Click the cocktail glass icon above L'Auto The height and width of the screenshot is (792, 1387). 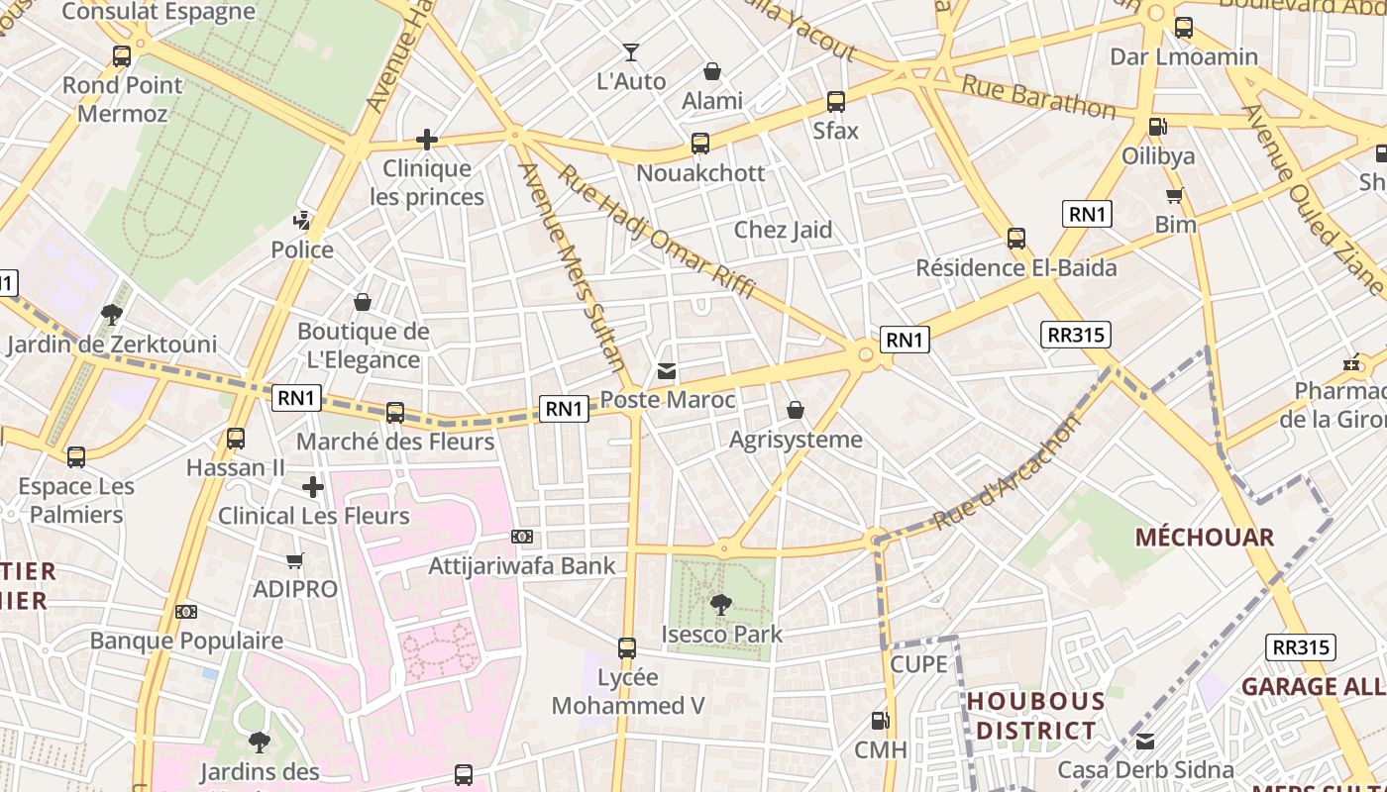coord(630,52)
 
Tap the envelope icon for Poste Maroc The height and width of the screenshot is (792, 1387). coord(667,371)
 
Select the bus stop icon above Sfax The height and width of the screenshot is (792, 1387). coord(835,102)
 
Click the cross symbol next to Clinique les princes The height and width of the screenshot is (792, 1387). coord(427,140)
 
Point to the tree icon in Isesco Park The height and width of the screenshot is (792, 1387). coord(721,604)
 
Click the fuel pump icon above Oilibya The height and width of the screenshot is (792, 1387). coord(1157,127)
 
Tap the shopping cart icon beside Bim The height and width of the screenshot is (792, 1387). coord(1175,195)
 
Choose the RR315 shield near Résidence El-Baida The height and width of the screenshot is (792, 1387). coord(1076,335)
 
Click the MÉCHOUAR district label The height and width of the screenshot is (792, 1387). coord(1204,538)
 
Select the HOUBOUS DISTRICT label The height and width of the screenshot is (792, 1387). coord(1035,716)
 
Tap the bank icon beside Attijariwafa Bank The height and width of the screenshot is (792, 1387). coord(522,537)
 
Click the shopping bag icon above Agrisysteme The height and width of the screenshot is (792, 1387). coord(795,410)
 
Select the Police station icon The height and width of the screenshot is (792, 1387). coord(302,220)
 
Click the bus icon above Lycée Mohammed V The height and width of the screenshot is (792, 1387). coord(626,648)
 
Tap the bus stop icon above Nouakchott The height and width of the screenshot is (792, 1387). coord(700,144)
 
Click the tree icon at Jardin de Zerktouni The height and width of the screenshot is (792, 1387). coord(111,315)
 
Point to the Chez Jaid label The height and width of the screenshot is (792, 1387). coord(783,230)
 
